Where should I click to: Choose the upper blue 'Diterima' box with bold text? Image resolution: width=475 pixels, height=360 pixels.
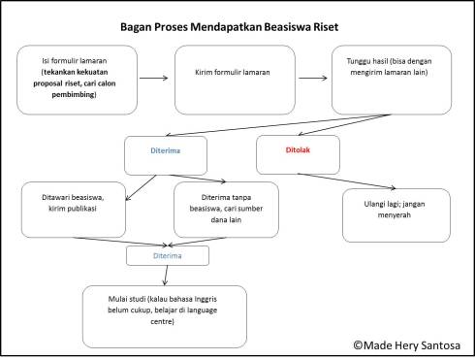tap(167, 153)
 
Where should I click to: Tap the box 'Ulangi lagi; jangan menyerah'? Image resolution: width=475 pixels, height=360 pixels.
tap(396, 214)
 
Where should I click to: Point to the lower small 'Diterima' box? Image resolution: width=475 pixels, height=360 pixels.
tap(167, 256)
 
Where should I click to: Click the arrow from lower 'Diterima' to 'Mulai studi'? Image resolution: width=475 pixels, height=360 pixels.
tap(166, 275)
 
